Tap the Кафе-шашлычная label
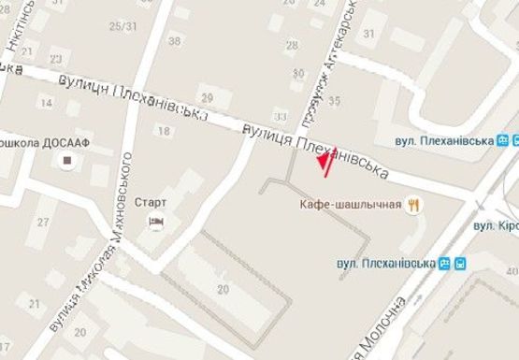tap(351, 204)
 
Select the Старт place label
tap(150, 201)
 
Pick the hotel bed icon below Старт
tap(156, 221)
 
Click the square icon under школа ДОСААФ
tap(66, 162)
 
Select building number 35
tap(334, 98)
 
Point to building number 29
tap(207, 97)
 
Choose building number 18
tap(165, 131)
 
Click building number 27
tap(42, 222)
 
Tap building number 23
tap(58, 59)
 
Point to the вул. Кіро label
tap(496, 225)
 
